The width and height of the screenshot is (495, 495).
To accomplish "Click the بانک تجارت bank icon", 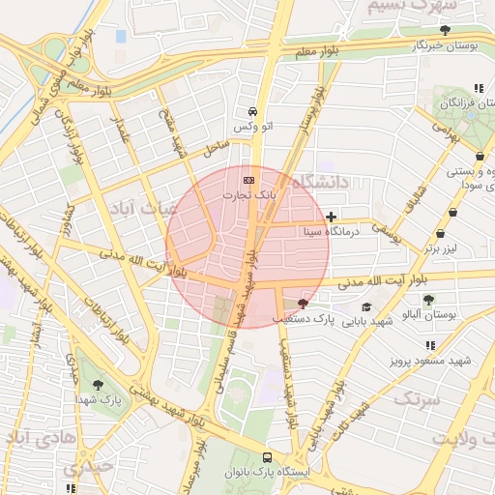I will tap(249, 180).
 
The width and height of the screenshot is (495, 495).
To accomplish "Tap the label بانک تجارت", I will tap(249, 194).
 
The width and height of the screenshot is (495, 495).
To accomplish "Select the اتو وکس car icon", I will tap(252, 111).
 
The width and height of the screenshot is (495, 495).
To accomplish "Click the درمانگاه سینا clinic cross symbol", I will tap(332, 217).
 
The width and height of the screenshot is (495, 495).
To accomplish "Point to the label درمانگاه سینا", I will tap(331, 232).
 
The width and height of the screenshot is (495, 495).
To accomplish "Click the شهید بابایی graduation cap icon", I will tap(366, 306).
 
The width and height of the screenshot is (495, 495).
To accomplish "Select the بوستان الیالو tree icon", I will tap(428, 300).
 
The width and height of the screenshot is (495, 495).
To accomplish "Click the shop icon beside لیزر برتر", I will tap(441, 233).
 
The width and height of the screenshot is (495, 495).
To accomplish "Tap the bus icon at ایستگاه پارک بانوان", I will tap(267, 458).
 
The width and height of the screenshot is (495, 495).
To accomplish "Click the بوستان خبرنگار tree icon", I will tap(445, 31).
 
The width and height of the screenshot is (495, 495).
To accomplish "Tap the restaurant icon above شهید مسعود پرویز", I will tap(429, 344).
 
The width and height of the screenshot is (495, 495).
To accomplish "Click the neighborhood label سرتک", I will tap(418, 398).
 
